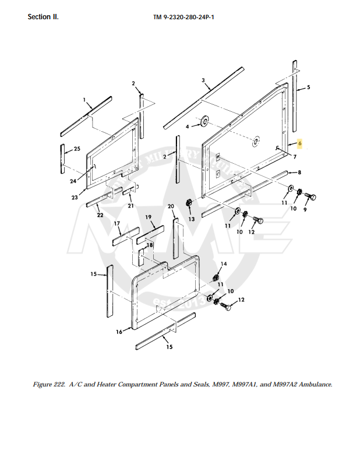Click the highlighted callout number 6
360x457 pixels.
[299, 143]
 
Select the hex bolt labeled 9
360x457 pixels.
[310, 196]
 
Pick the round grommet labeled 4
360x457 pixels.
[204, 122]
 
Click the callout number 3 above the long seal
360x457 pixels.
[203, 80]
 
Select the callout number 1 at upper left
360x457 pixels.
[84, 100]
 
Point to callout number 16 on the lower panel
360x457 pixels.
[119, 332]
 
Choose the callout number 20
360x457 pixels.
[171, 206]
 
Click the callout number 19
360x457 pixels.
[149, 217]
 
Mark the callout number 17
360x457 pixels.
[117, 223]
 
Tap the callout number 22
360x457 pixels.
[100, 215]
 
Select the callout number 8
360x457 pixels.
[299, 173]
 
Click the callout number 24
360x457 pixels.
[73, 181]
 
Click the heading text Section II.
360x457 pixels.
[43, 16]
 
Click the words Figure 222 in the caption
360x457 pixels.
[50, 385]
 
